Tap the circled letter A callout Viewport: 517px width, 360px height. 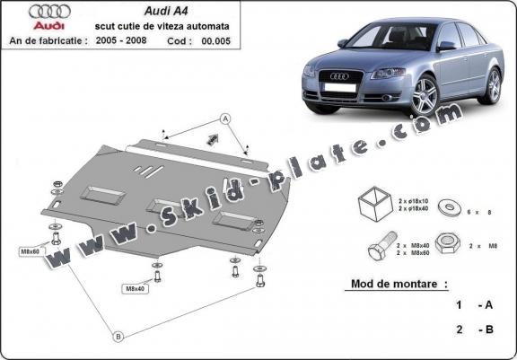tap(224, 119)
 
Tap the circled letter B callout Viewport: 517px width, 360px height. tap(116, 337)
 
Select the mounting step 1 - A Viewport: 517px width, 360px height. tap(476, 305)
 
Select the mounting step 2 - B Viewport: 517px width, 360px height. tap(476, 329)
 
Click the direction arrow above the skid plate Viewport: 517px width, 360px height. tap(214, 138)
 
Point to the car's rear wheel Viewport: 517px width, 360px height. tap(493, 85)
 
